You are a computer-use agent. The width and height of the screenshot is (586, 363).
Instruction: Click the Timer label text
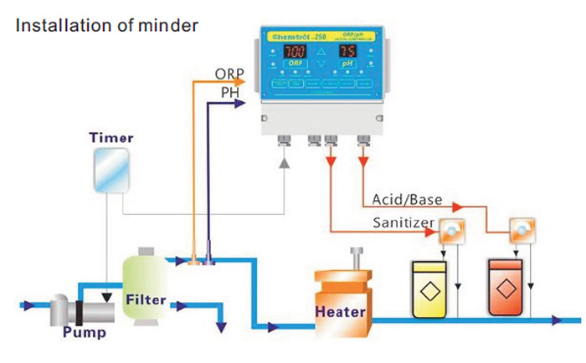pos(111,138)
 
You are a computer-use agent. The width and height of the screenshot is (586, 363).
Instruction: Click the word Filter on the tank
pos(147,299)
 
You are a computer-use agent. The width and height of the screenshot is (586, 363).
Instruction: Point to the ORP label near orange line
pos(229,74)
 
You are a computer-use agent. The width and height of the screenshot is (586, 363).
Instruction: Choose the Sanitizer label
pos(404,222)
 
